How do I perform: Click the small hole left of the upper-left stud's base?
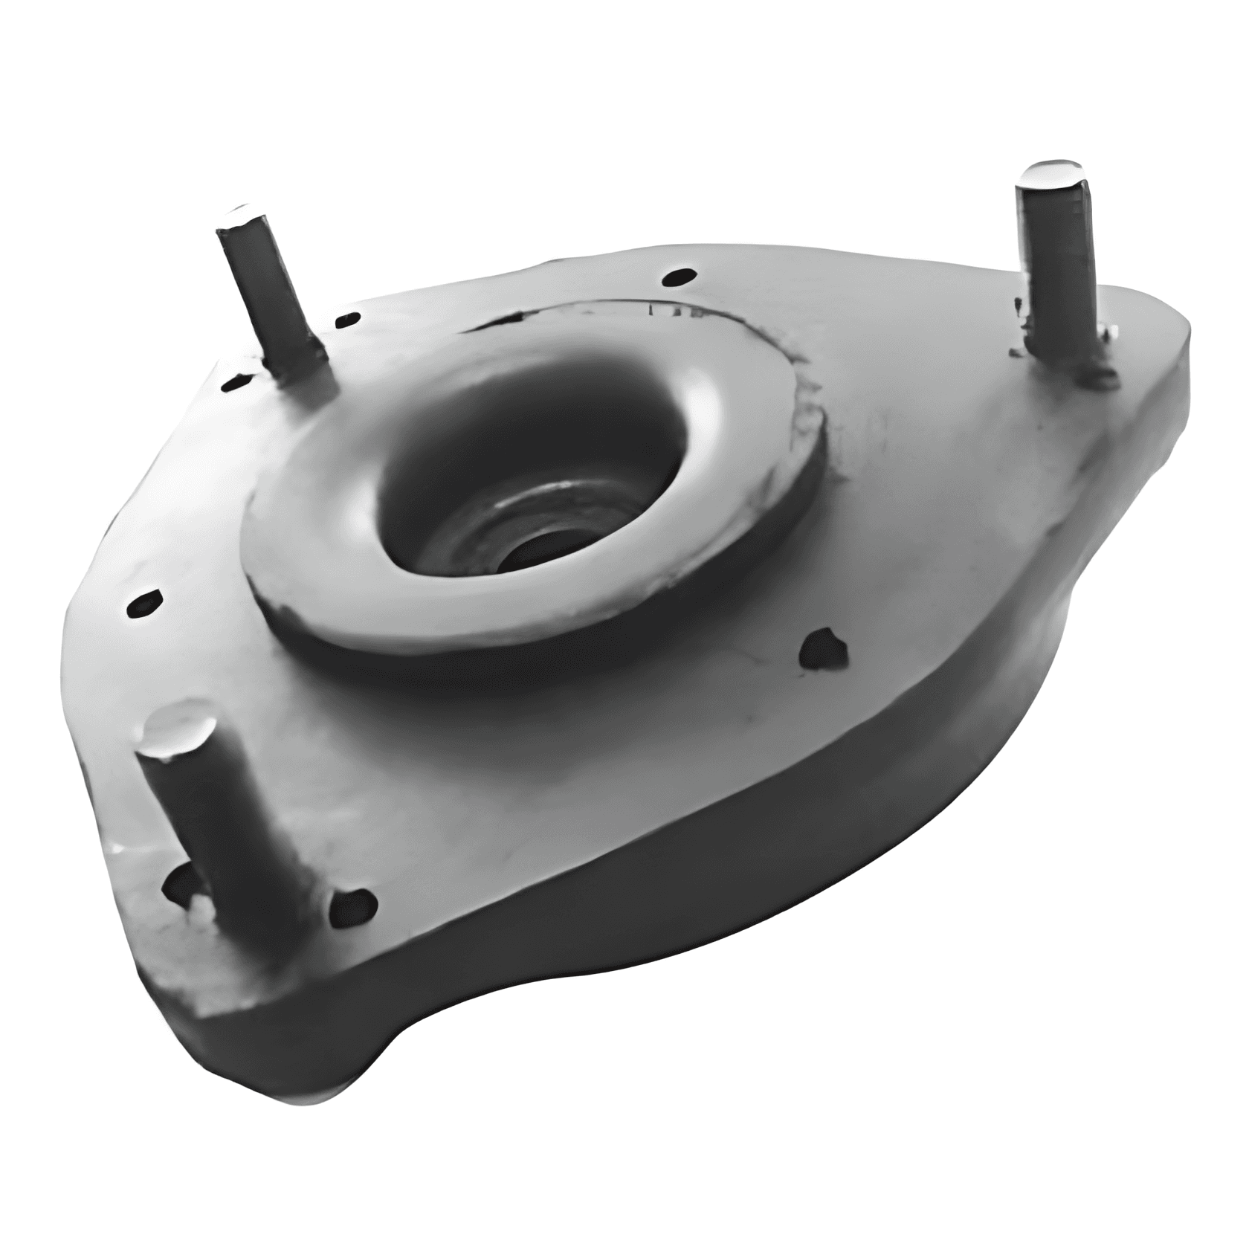(236, 382)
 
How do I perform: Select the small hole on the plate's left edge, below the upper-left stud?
(143, 602)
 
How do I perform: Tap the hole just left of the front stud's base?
(176, 883)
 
